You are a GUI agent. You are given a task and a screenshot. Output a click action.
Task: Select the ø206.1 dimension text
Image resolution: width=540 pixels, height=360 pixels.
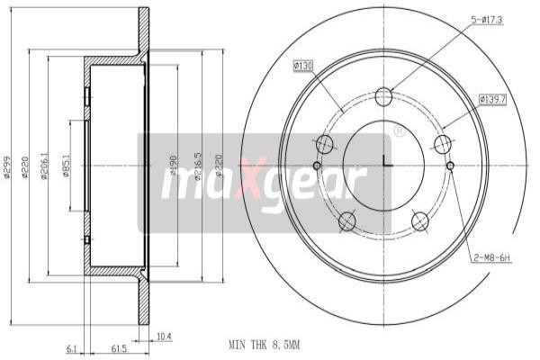tap(47, 164)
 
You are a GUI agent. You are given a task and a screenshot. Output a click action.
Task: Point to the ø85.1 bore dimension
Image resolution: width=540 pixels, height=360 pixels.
tap(67, 166)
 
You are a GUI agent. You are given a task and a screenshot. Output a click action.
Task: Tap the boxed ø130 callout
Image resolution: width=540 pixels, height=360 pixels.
tap(302, 66)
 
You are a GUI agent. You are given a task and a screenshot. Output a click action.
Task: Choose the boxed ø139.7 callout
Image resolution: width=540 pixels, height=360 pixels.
tap(494, 98)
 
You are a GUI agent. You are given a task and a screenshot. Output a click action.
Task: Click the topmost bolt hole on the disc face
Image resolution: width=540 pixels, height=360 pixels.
tap(384, 96)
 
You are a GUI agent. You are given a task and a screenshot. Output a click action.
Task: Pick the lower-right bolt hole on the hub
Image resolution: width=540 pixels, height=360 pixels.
tap(418, 220)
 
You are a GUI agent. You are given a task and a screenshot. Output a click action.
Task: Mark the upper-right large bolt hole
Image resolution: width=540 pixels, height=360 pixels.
tap(442, 144)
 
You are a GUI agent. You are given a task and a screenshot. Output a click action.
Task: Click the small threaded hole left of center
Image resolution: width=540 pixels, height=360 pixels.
tap(316, 165)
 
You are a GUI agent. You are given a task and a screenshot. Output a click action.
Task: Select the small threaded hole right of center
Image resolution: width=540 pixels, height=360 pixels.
tap(451, 165)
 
